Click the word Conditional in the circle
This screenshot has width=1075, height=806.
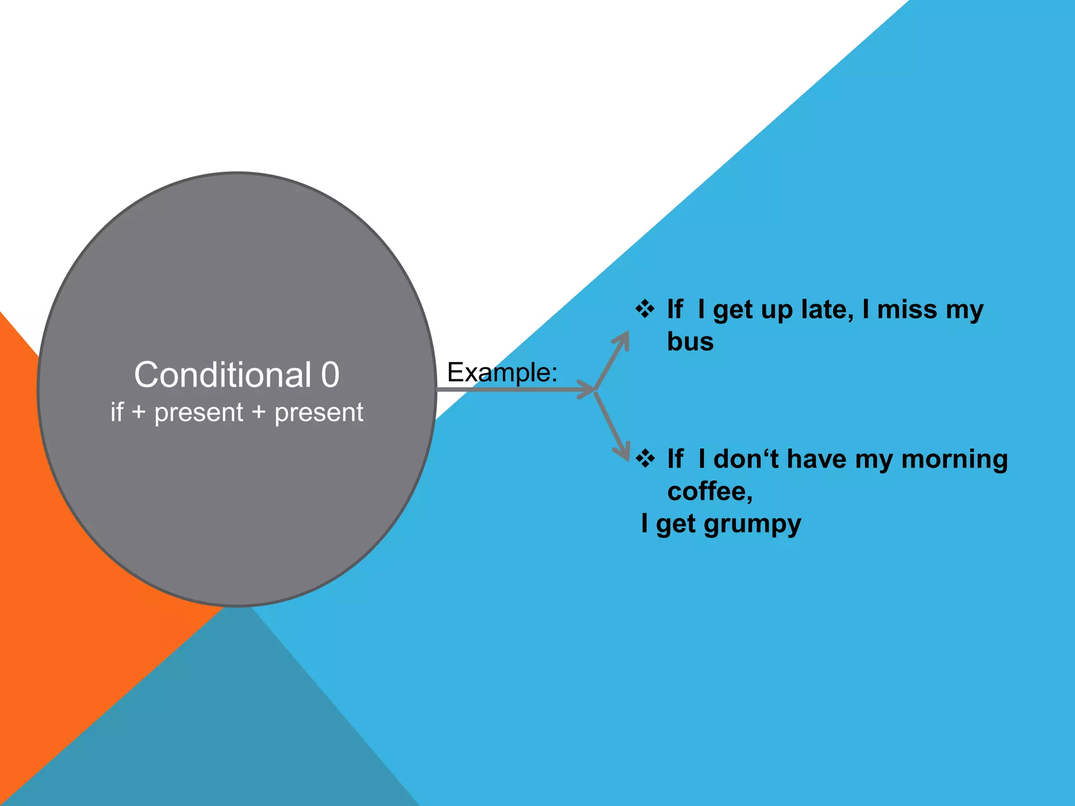tap(223, 375)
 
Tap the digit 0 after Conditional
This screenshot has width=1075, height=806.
tap(330, 375)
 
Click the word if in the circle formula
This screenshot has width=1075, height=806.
tap(117, 412)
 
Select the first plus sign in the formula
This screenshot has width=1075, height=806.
tap(139, 412)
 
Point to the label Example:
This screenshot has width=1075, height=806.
tap(502, 373)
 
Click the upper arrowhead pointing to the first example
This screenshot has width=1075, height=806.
tap(624, 338)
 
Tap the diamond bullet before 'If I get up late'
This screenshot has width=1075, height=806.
tap(645, 309)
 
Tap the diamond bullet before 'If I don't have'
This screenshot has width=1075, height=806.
tap(645, 459)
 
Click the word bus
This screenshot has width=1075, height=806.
tap(690, 342)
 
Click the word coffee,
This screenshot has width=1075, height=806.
tap(710, 492)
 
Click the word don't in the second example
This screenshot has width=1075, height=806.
tap(745, 459)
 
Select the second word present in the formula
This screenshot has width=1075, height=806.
tap(319, 413)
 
